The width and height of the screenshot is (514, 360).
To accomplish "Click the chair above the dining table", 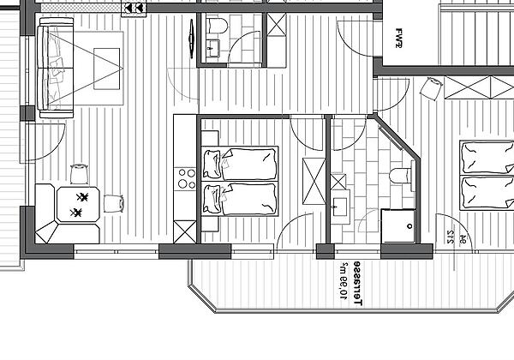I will (80, 174).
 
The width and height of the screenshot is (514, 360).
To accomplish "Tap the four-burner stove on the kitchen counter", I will (185, 177).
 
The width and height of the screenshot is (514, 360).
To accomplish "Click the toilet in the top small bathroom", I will (215, 27).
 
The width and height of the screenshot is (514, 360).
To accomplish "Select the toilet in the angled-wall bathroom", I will (400, 177).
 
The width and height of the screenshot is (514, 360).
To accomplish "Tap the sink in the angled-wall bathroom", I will (340, 206).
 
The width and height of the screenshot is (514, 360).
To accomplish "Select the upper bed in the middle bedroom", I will (241, 163).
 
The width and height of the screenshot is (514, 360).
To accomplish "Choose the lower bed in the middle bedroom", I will (241, 199).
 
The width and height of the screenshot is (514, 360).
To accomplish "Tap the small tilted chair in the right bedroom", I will (432, 87).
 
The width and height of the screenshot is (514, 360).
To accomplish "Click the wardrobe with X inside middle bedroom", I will (310, 183).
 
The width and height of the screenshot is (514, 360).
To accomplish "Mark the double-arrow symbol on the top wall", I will (134, 9).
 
